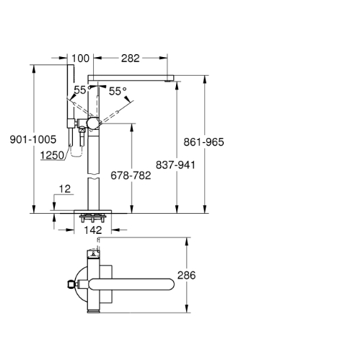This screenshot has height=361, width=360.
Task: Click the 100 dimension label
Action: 80,58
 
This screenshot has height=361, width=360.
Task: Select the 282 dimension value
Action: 131,58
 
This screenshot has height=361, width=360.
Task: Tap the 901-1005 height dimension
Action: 33,139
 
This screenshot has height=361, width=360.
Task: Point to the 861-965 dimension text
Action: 203,142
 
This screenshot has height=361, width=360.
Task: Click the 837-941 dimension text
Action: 175,165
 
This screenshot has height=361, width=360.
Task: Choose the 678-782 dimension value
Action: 131,175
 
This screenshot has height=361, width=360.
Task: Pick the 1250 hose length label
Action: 52,155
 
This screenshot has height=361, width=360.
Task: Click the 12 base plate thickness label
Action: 65,189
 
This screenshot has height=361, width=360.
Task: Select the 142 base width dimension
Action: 93,230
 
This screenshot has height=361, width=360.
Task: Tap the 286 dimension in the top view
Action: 187,275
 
